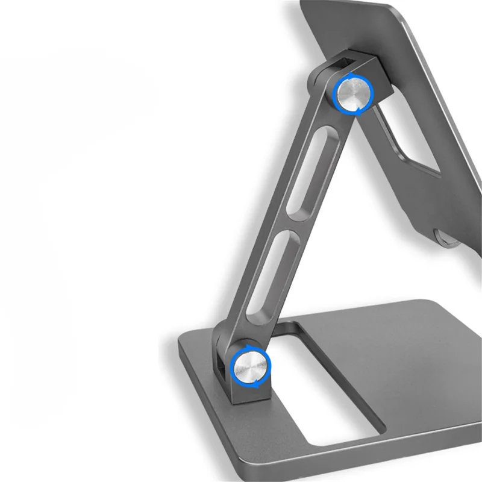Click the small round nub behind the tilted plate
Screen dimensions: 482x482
click(442, 239)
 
